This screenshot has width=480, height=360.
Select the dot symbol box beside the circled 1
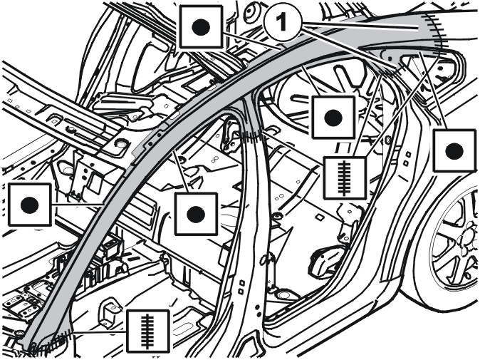201,27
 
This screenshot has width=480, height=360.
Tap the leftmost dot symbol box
30,205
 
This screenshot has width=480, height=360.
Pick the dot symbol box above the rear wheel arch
454,150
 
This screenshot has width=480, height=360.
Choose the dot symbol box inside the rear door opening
333,118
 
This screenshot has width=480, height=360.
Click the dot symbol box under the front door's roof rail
196,214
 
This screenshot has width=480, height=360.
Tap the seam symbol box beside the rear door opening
345,178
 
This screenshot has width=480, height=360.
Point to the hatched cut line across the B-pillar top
252,135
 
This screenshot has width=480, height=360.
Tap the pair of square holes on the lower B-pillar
242,286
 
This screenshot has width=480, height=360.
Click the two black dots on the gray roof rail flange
155,138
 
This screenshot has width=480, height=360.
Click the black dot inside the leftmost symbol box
30,205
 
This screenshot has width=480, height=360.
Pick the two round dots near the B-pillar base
258,310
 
